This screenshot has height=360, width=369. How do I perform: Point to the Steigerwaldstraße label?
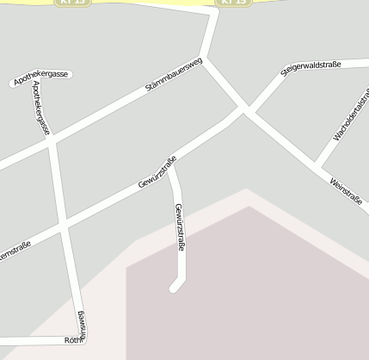click(311, 68)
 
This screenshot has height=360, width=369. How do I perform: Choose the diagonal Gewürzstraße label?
click(157, 173)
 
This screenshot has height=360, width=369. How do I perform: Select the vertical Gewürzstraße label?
click(180, 227)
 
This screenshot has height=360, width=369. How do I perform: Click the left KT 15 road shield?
click(74, 3)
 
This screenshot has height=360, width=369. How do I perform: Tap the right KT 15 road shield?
click(234, 3)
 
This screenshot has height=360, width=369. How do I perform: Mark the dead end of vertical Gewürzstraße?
click(174, 288)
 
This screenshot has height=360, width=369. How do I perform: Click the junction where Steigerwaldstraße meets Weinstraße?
click(247, 110)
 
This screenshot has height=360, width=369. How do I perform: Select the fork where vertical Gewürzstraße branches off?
click(169, 164)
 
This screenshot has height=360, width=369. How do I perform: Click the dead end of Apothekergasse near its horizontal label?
click(13, 84)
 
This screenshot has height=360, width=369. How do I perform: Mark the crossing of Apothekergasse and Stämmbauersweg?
click(52, 141)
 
